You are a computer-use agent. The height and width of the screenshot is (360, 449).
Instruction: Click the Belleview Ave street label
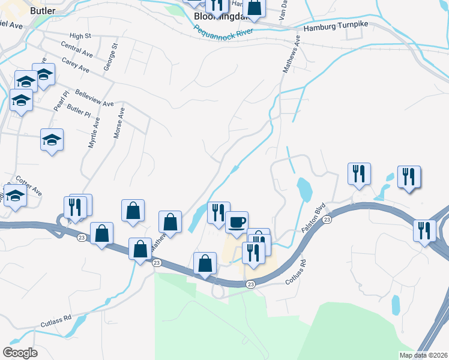94,98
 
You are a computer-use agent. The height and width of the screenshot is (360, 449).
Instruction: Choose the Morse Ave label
118,124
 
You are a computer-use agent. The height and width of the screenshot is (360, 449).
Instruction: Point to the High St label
79,36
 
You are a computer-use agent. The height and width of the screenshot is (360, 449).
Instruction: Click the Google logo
19,353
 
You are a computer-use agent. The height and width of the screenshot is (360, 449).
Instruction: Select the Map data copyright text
423,355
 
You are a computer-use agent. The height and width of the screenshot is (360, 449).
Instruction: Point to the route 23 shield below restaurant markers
251,284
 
